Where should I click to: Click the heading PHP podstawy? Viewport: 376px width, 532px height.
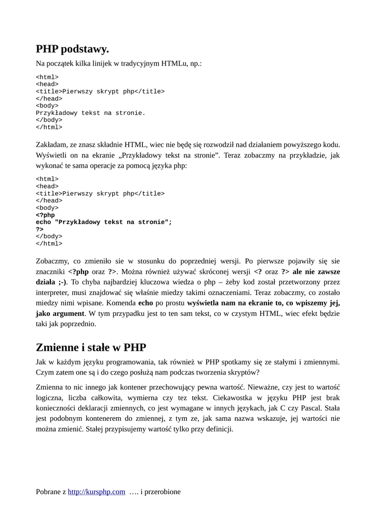click(x=72, y=49)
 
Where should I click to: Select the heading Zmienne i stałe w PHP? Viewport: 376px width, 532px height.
click(x=91, y=347)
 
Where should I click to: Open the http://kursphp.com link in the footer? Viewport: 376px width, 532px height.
click(x=97, y=491)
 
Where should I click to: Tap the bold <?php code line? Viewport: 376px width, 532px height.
click(x=45, y=215)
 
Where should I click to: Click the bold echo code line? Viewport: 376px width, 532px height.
click(x=103, y=222)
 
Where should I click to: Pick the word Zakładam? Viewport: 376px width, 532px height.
click(x=52, y=144)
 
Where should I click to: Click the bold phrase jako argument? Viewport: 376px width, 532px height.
click(x=60, y=313)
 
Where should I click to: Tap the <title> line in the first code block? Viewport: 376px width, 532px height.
click(x=100, y=92)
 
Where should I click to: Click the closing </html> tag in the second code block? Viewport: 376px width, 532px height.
click(x=49, y=244)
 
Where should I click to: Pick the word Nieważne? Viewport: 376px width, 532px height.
click(x=264, y=387)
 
